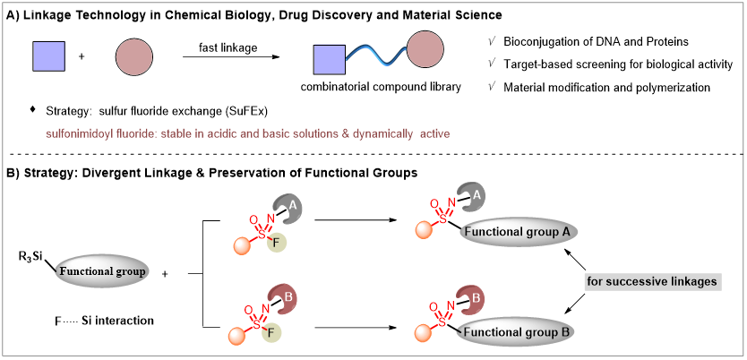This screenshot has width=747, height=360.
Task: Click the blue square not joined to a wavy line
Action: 49,56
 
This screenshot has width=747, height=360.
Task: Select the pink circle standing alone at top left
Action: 134,57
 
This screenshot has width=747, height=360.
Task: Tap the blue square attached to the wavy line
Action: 330,59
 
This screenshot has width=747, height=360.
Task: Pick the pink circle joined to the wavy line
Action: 425,50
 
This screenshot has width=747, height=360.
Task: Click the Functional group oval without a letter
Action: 101,270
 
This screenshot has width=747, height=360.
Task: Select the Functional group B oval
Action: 517,332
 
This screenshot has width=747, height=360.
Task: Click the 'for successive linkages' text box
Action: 652,282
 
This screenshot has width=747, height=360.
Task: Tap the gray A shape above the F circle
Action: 288,209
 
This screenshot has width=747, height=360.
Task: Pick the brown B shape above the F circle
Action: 285,299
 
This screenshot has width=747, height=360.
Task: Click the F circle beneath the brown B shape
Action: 271,333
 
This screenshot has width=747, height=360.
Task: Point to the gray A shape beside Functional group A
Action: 472,197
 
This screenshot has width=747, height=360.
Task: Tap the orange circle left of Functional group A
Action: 425,230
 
